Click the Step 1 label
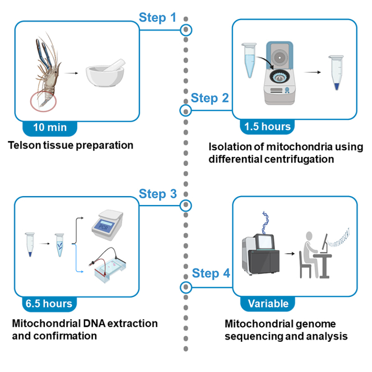157,17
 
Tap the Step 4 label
211,273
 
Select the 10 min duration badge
50,128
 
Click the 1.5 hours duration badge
267,127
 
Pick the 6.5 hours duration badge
49,304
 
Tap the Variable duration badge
268,304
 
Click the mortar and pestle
105,73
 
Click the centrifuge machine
280,73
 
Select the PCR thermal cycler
108,225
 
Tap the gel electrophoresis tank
108,266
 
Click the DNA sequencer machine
261,254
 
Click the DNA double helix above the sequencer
265,222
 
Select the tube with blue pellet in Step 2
336,73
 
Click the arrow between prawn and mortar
71,73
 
